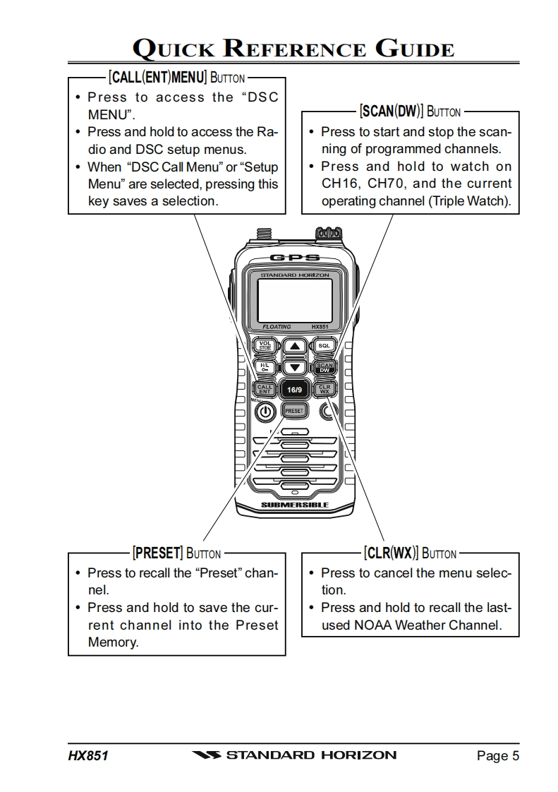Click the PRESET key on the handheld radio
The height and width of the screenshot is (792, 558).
[294, 410]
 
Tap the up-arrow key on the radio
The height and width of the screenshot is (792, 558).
[294, 346]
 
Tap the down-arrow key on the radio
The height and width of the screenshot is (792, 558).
[294, 367]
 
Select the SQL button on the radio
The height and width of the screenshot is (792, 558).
[324, 346]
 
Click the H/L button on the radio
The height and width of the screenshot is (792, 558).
[264, 367]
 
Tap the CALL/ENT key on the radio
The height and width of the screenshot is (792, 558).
[264, 389]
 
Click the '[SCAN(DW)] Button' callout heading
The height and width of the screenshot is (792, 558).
[410, 111]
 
